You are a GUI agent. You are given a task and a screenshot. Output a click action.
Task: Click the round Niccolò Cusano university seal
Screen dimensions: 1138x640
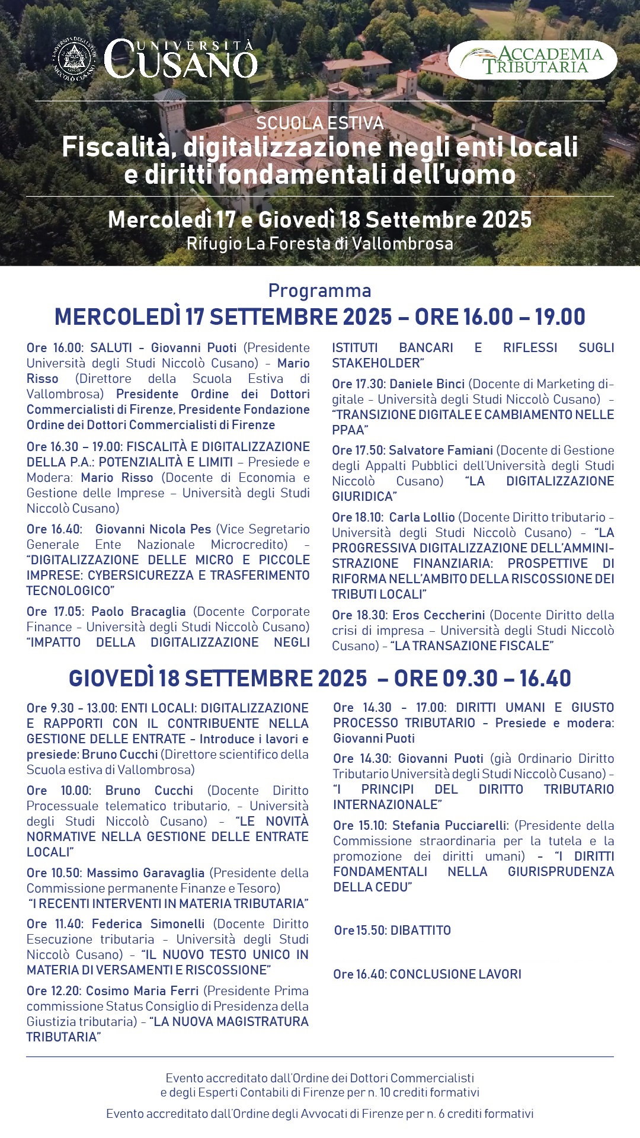[74, 59]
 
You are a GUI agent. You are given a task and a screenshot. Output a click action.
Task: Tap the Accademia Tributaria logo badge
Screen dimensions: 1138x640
[532, 60]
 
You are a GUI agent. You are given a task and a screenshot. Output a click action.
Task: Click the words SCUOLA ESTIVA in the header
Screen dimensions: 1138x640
[319, 123]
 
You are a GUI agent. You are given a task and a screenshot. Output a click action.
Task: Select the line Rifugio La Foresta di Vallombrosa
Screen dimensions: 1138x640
[319, 244]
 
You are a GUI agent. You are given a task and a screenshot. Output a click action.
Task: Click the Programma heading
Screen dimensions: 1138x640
[319, 290]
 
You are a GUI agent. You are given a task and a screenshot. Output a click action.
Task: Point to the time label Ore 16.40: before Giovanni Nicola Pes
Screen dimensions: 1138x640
[54, 529]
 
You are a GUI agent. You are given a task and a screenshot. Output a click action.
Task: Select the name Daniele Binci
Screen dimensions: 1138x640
[427, 384]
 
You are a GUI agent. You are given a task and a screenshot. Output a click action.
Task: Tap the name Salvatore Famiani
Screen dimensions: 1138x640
[440, 450]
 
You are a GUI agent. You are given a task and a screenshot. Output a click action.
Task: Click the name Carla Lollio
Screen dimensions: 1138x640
[421, 517]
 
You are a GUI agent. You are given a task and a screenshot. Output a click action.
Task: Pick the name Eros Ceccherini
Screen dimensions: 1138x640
[439, 615]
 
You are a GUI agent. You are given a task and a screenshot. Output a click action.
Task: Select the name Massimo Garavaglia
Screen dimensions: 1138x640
[145, 873]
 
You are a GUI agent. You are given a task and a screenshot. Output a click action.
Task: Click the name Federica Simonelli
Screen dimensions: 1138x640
[148, 924]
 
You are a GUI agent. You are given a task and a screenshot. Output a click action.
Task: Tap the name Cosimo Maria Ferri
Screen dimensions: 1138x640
[142, 991]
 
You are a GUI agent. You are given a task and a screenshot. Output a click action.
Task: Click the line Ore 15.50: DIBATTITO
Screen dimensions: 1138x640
[392, 931]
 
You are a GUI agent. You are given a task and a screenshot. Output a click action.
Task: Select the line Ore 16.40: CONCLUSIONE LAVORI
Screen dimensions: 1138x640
[427, 974]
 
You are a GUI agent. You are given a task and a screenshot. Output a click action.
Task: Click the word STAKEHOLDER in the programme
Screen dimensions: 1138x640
[376, 363]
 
